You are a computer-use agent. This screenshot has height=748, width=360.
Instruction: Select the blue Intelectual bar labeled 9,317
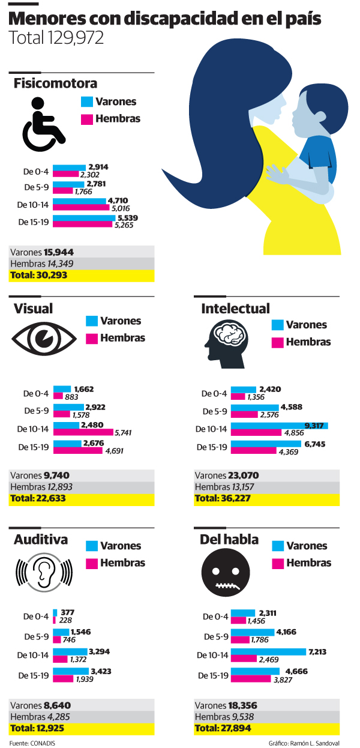(x=280, y=426)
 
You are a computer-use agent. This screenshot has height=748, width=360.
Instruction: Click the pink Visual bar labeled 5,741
(x=83, y=432)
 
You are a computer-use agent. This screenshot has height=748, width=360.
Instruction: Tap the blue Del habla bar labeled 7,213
(x=269, y=652)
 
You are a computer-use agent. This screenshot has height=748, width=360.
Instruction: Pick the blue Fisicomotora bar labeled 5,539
(x=85, y=218)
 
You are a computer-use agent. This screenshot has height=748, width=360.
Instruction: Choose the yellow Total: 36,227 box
(x=266, y=498)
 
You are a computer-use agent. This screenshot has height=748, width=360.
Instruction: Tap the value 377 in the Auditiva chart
(x=67, y=612)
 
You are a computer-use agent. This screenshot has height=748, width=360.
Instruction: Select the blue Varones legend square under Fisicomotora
(x=86, y=102)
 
